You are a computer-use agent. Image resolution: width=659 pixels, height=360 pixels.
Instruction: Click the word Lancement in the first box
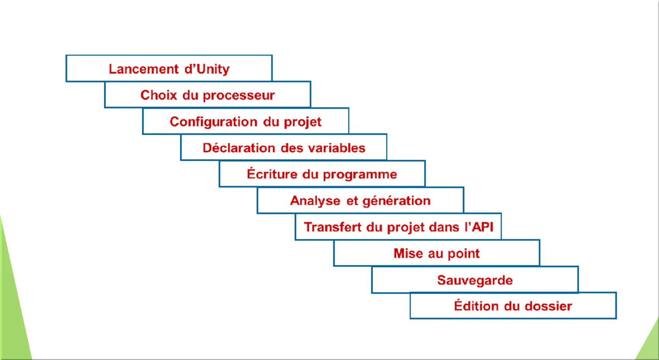[x=143, y=69]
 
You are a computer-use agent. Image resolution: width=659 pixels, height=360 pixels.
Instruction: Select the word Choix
[x=159, y=95]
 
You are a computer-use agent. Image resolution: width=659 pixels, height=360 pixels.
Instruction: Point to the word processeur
[x=239, y=96]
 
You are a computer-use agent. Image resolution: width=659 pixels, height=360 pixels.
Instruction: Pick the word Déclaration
[x=238, y=148]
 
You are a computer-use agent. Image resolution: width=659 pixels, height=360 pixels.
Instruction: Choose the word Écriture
[x=272, y=174]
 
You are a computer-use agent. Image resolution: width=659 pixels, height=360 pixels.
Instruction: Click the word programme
[x=360, y=175]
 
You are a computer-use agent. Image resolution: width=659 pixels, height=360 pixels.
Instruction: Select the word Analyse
[x=315, y=201]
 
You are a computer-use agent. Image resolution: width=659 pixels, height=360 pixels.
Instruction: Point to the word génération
[x=397, y=201]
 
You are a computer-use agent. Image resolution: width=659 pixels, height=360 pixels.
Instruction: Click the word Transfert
[x=333, y=227]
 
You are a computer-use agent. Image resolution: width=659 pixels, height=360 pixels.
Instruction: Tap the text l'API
[x=479, y=227]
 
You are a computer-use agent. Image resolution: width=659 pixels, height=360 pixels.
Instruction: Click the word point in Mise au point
[x=464, y=254]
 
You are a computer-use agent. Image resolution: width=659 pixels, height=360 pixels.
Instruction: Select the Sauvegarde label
[x=475, y=280]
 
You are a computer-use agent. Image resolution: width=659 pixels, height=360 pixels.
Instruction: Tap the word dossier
[x=549, y=306]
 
